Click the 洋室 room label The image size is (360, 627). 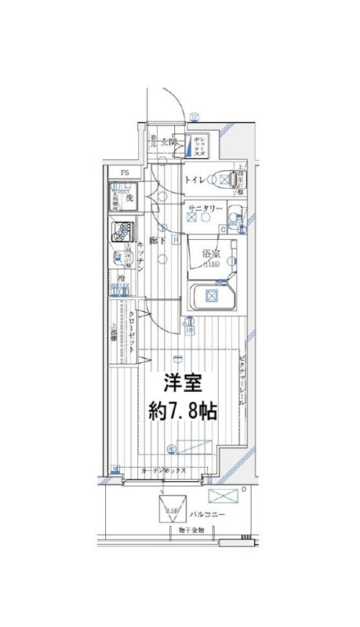(x=183, y=383)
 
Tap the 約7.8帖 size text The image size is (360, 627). (x=183, y=409)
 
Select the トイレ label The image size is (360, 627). (x=195, y=180)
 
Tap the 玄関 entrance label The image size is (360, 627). (x=169, y=142)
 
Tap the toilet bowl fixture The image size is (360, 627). (x=226, y=180)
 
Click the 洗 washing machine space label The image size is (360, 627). (x=130, y=198)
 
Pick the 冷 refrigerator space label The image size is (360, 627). (x=122, y=278)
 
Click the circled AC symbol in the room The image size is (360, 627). (x=172, y=449)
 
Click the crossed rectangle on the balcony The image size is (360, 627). (x=227, y=495)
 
